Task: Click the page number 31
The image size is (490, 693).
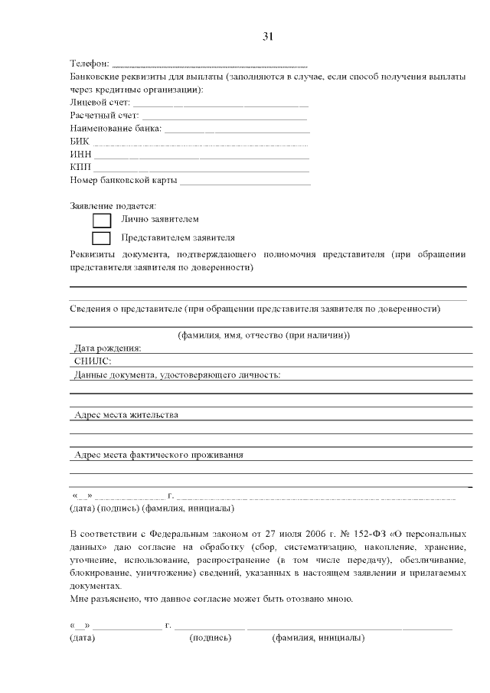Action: (267, 36)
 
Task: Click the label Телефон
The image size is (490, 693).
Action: (90, 64)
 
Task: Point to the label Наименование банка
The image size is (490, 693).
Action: (116, 129)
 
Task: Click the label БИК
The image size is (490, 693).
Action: (79, 142)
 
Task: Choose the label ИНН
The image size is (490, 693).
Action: (80, 155)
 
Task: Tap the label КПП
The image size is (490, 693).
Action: (80, 168)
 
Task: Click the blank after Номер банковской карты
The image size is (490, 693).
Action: (245, 181)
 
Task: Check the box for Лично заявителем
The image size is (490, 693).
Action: (102, 221)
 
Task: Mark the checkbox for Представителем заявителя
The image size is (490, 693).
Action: (102, 238)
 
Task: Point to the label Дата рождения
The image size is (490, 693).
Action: (107, 348)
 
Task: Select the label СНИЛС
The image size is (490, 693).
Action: (93, 361)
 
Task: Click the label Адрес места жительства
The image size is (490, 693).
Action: (126, 415)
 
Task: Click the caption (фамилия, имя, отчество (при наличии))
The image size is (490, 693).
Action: (264, 335)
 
